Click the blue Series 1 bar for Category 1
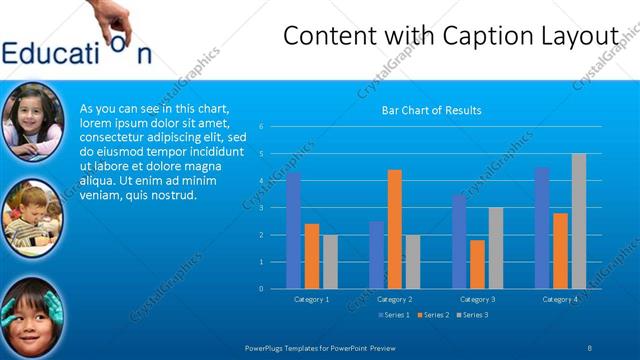[293, 231]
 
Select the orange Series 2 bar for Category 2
[394, 229]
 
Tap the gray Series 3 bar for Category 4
[578, 221]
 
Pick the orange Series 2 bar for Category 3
[477, 264]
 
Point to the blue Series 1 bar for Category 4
[542, 228]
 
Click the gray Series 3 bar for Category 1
[330, 262]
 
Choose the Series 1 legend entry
[392, 315]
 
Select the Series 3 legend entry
[472, 315]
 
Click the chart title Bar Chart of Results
[432, 110]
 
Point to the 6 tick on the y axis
[260, 127]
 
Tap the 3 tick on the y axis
[260, 208]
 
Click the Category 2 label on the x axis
[395, 299]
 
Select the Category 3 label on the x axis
[477, 299]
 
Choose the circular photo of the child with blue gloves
[33, 315]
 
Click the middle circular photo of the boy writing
[33, 214]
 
